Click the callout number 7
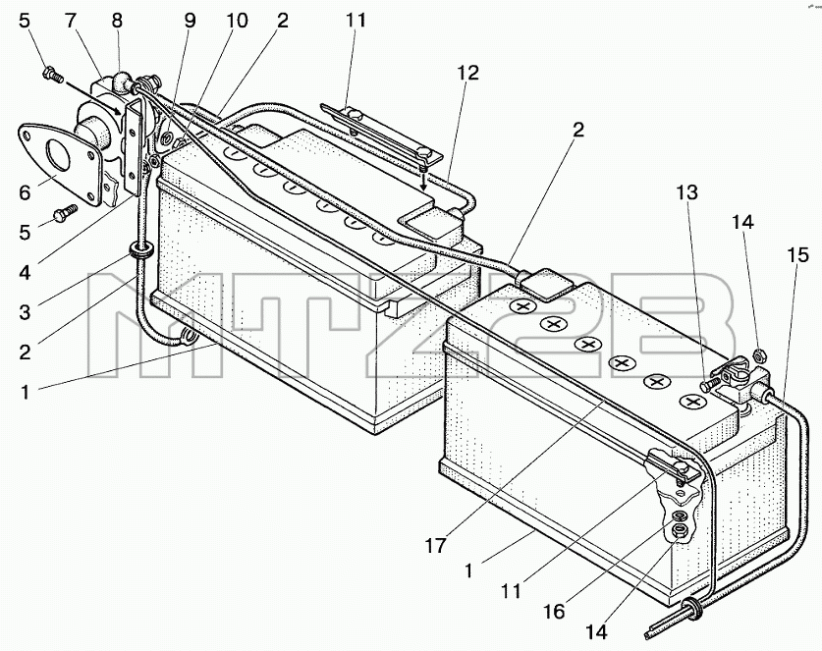tap(71, 21)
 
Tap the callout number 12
tap(467, 73)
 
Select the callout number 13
tap(686, 192)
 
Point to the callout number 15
tap(796, 255)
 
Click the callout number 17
tap(435, 546)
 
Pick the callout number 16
tap(554, 611)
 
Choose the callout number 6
tap(25, 192)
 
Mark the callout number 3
tap(25, 312)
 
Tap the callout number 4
tap(25, 272)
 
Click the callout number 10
tap(237, 21)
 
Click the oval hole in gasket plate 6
tap(57, 154)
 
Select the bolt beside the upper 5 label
tap(52, 74)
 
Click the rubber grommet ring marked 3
tap(140, 249)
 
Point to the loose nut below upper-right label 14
tap(757, 355)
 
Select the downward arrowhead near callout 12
tap(423, 186)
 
